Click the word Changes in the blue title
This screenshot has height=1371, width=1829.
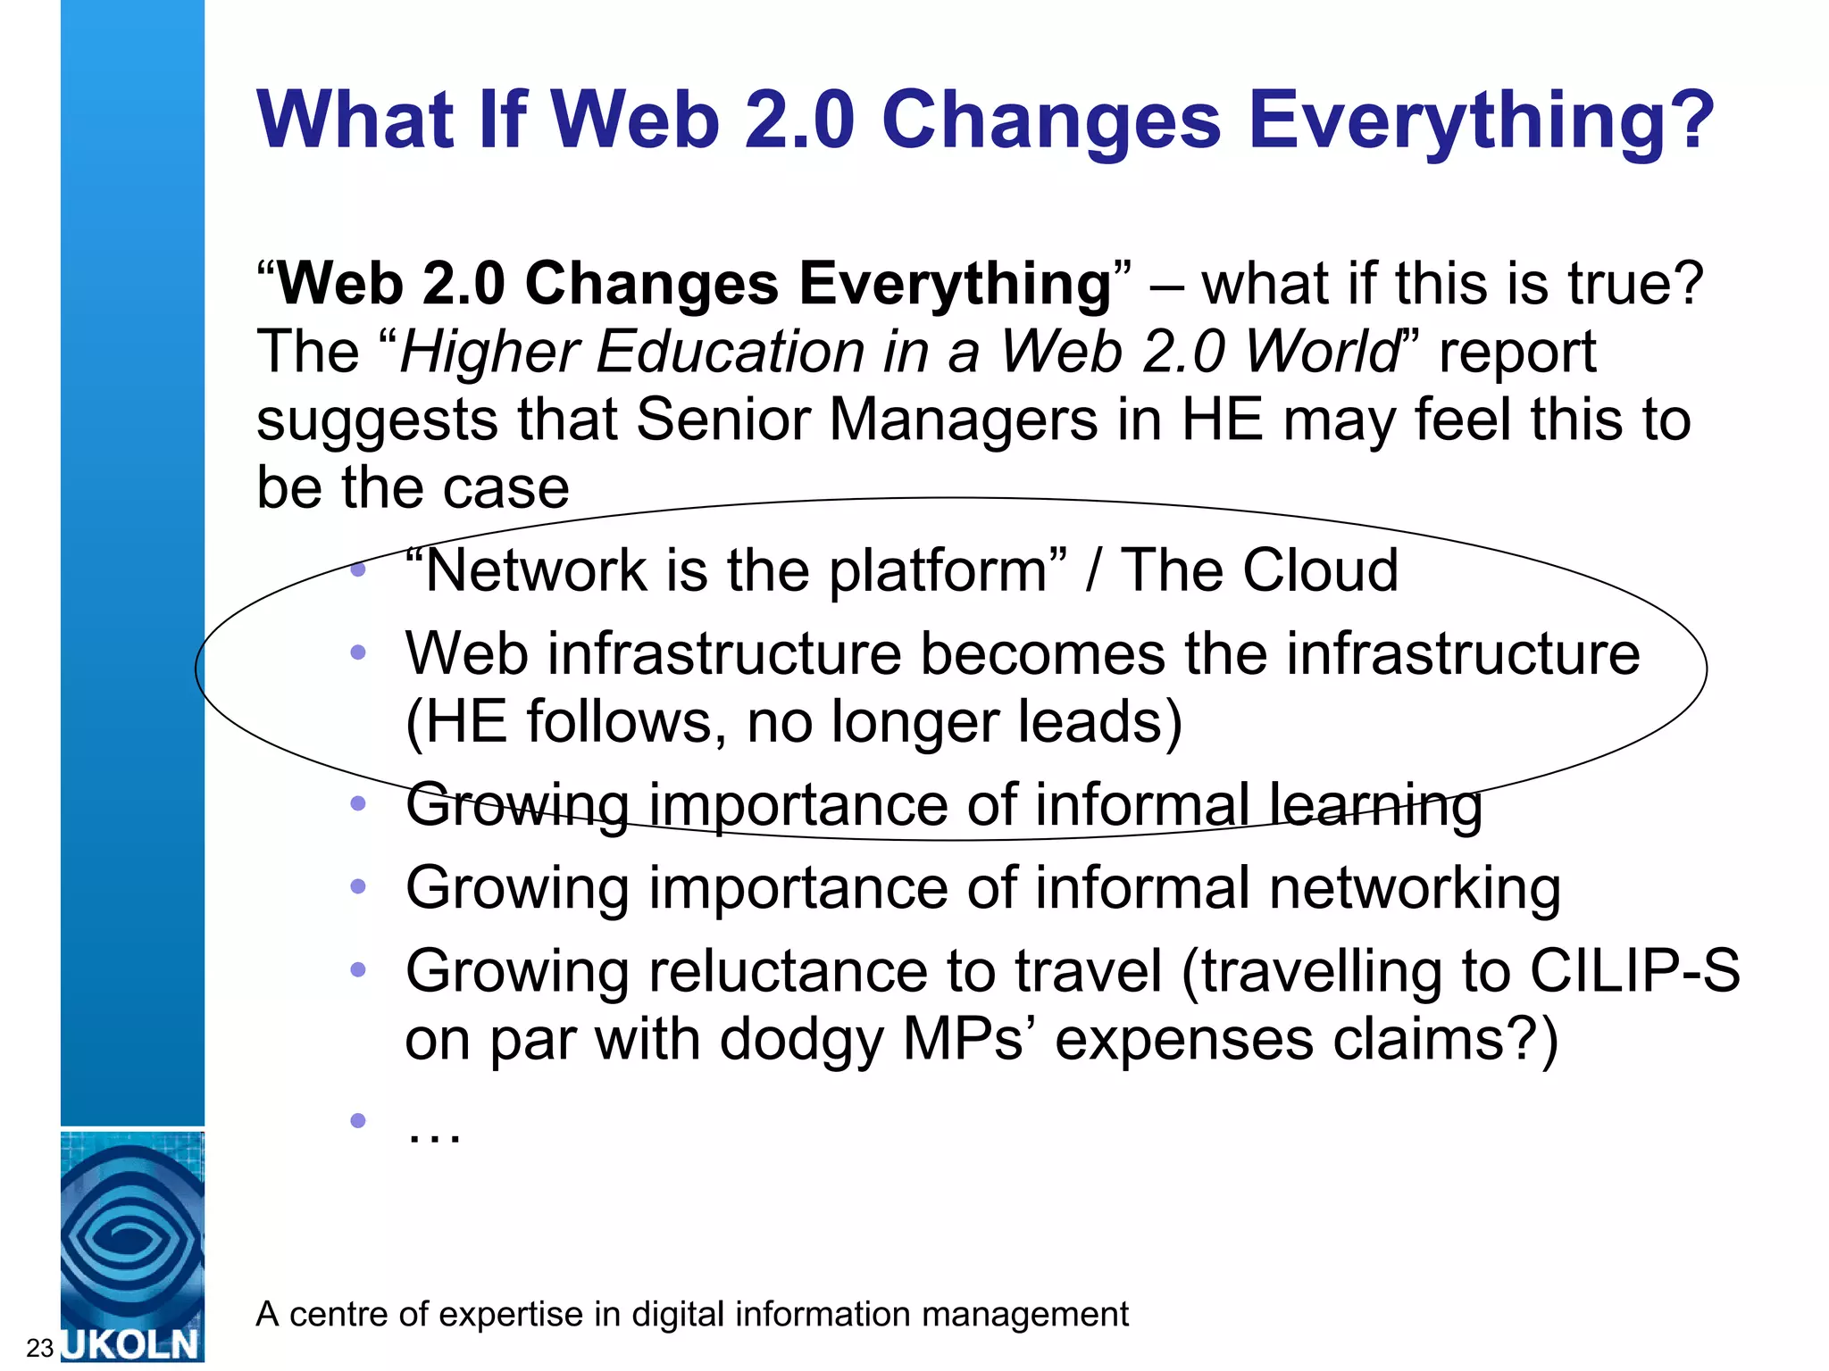(x=1050, y=120)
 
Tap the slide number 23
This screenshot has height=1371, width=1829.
(x=40, y=1348)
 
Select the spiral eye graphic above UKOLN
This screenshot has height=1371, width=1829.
(x=132, y=1236)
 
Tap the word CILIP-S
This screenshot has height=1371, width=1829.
(x=1634, y=971)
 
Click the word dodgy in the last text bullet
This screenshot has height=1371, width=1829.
(x=801, y=1040)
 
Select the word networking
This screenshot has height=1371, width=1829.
(x=1415, y=888)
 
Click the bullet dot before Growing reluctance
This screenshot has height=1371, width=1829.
(x=358, y=969)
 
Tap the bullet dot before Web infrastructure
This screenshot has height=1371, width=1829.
(x=358, y=652)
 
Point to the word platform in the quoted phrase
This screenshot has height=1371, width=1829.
(x=938, y=571)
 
